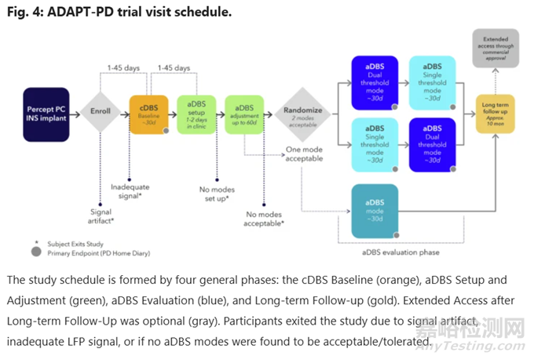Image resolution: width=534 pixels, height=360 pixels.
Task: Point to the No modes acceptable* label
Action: (x=265, y=218)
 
